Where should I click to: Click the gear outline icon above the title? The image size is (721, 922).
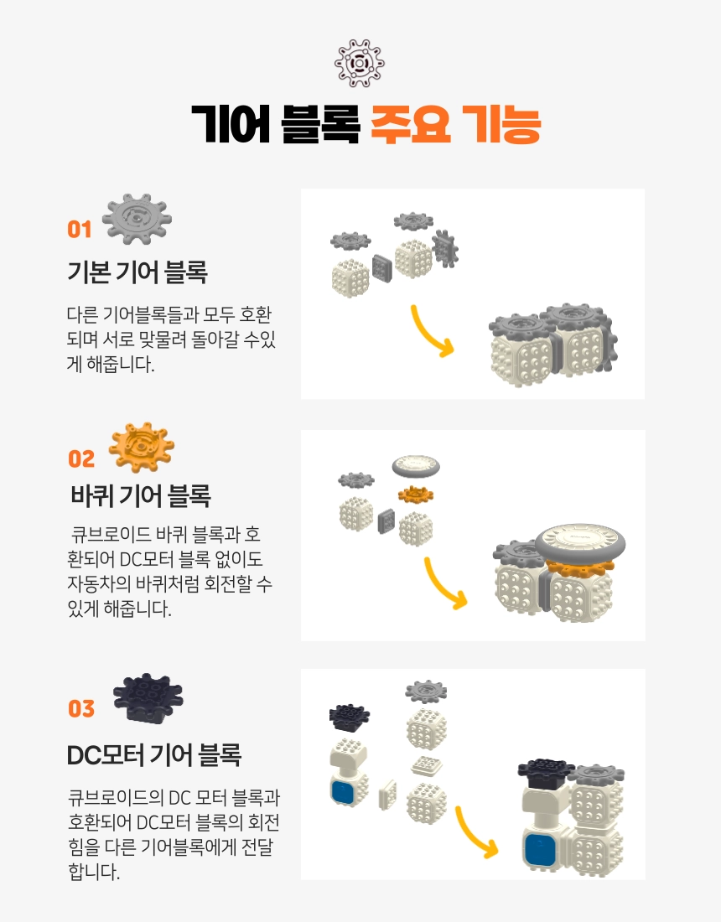click(x=360, y=63)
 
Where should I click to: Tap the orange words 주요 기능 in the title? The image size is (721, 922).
click(x=455, y=125)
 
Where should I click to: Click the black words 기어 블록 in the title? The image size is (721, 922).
click(x=275, y=125)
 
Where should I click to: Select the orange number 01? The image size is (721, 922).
click(x=80, y=230)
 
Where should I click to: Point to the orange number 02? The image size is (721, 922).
click(x=81, y=458)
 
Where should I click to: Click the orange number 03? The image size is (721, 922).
click(x=81, y=708)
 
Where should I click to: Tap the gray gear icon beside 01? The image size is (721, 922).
click(x=137, y=219)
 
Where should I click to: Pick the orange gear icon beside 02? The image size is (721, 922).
click(x=142, y=447)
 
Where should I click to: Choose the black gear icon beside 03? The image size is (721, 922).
click(x=148, y=698)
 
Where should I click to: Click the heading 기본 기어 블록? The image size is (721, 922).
click(x=137, y=272)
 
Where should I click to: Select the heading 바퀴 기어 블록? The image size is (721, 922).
click(x=141, y=495)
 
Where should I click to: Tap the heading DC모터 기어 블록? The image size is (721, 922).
click(x=154, y=755)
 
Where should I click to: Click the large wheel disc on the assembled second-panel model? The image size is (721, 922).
click(x=580, y=541)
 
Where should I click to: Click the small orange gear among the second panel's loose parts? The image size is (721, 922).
click(x=416, y=494)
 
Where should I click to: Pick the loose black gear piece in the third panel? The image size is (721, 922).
click(x=350, y=716)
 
